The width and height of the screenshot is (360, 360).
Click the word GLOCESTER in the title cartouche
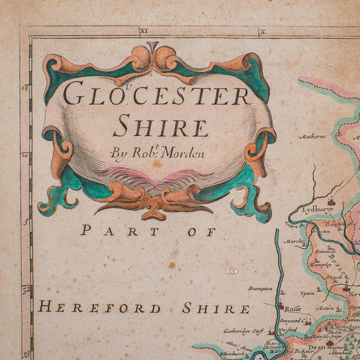point(157,94)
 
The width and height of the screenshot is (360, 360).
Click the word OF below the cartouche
point(198,231)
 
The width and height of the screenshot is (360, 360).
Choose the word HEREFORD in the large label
point(100,308)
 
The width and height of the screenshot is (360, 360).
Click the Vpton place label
point(307,294)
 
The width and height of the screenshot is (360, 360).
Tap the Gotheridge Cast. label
point(247,332)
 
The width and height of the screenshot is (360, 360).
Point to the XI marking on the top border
point(143,32)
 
